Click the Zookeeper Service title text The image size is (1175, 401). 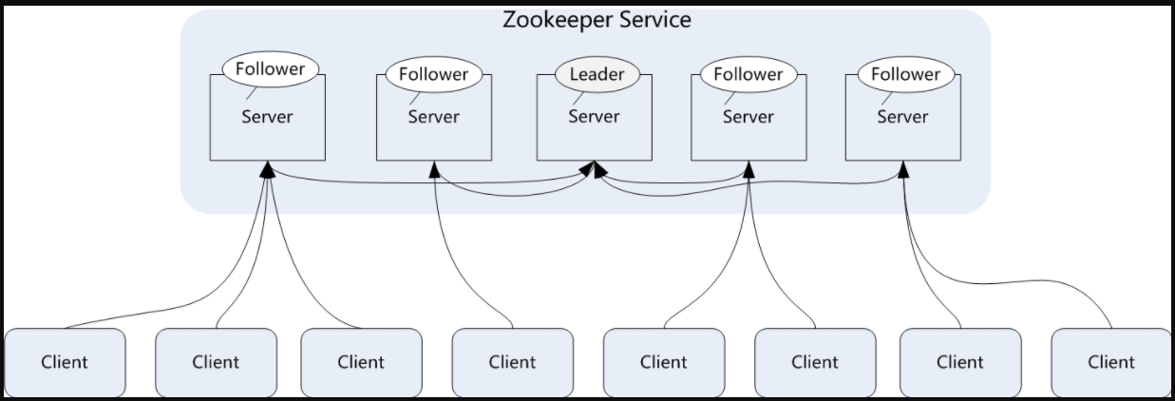pos(597,19)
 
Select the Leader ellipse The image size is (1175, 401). pos(597,74)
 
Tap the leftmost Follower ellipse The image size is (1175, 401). pos(270,69)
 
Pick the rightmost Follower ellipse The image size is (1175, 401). pos(905,74)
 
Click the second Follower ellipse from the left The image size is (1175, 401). pos(433,74)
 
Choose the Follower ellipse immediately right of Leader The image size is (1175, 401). pos(749,74)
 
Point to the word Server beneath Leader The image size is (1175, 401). pos(594,116)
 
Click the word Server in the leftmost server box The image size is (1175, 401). pos(267,117)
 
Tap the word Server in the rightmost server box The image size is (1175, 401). pos(901,117)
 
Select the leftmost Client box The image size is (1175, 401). pos(65,362)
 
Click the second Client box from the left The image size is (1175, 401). pos(216,362)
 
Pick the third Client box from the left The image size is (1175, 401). pos(361,362)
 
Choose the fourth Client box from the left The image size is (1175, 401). pos(512,362)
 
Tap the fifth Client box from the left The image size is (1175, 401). pos(663,362)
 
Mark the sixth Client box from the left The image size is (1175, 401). pos(815,362)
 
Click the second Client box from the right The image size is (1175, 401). pos(960,362)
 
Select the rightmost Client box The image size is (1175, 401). pos(1111,362)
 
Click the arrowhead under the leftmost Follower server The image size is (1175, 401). pos(269,168)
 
